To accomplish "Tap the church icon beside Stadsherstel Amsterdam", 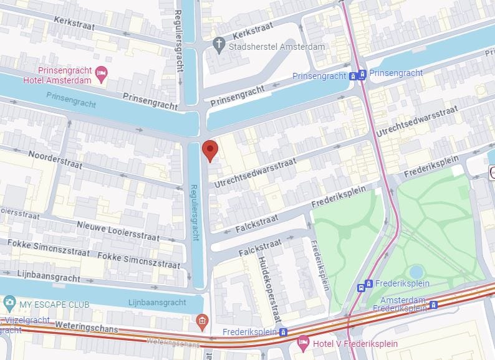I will pos(218,44).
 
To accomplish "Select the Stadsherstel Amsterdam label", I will pos(277,47).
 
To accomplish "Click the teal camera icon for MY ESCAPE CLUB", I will pos(9,303).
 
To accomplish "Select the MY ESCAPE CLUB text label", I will pos(54,305).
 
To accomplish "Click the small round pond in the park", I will pos(416,272).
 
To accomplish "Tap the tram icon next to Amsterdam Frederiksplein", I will pos(433,305).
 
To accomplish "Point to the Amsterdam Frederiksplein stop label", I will pos(404,305).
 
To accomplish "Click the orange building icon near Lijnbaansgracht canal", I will pos(201,321).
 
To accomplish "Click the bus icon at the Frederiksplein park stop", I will pos(361,287).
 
